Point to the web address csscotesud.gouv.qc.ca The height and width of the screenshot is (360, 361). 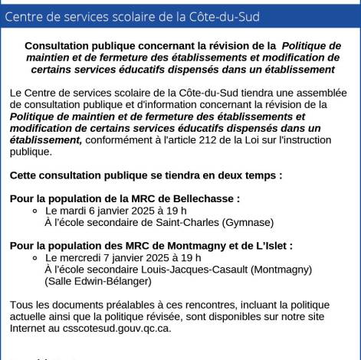click(x=117, y=328)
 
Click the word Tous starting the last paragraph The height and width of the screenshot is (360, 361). click(x=22, y=305)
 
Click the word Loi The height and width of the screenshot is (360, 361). click(x=267, y=139)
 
